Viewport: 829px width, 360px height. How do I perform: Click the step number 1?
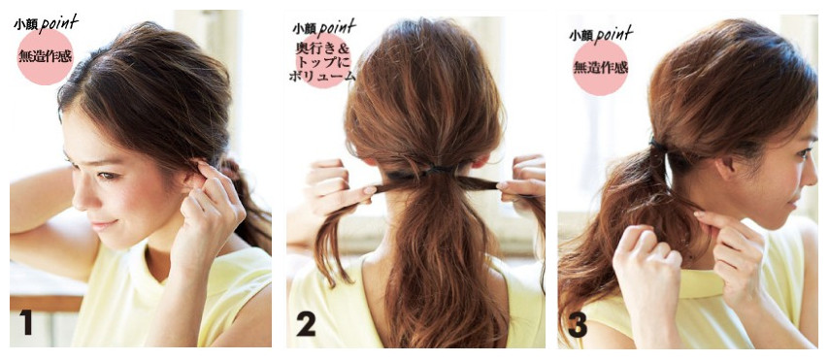[25, 322]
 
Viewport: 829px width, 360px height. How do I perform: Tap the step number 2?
[306, 323]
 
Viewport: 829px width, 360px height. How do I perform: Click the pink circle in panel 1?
[45, 56]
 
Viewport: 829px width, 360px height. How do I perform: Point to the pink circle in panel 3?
[600, 68]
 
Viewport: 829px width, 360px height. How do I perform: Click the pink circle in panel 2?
[322, 61]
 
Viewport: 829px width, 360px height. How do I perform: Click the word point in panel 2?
[337, 27]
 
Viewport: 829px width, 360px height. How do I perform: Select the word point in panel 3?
[613, 35]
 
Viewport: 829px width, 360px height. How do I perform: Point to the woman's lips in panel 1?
[103, 224]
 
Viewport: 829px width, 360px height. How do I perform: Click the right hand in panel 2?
[520, 182]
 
